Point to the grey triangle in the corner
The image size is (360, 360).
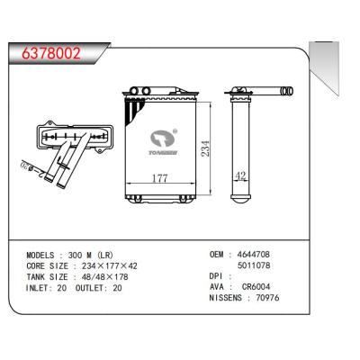point(319,50)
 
